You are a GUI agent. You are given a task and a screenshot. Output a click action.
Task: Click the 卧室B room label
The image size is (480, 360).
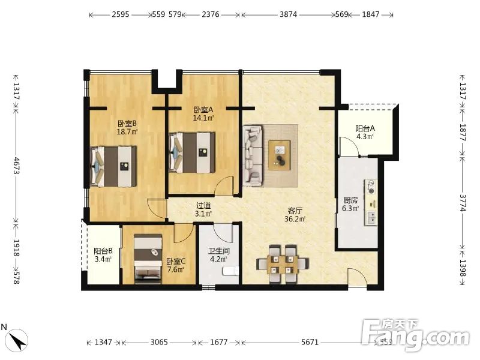coord(127,124)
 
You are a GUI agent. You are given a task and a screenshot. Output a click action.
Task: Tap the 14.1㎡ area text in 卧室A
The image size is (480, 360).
coord(203,118)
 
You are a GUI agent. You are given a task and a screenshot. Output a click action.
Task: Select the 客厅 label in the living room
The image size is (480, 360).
coord(295,211)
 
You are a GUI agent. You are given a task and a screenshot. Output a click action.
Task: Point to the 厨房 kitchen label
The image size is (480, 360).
coord(350,200)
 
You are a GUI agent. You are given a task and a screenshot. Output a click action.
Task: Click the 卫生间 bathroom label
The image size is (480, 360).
coord(219,251)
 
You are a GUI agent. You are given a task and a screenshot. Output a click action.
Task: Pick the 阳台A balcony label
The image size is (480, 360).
coord(365,128)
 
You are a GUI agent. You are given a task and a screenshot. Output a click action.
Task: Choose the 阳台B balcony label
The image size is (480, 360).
coord(103,251)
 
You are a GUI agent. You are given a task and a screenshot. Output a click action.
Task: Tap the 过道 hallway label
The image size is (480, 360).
coord(203,206)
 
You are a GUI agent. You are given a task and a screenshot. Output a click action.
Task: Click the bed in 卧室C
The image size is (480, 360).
coord(148,257)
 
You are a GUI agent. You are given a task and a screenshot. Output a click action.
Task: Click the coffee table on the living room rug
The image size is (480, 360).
coord(280,155)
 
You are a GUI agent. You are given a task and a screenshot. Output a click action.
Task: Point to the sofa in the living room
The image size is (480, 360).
coord(253,155)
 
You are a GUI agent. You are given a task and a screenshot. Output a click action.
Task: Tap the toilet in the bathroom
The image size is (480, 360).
coord(230,271)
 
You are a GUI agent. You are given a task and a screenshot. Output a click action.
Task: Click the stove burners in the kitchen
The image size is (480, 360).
coord(371,187)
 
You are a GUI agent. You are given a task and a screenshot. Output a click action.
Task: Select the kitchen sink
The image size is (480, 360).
coord(371,218)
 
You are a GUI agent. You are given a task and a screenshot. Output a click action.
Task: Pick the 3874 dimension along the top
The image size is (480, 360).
coord(288,14)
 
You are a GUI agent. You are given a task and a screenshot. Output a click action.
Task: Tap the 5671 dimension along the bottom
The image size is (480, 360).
coord(310,342)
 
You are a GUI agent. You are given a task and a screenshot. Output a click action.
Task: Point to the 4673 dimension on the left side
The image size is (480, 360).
coord(16,166)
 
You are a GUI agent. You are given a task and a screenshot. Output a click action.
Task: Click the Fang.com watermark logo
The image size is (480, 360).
coord(415,335)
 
